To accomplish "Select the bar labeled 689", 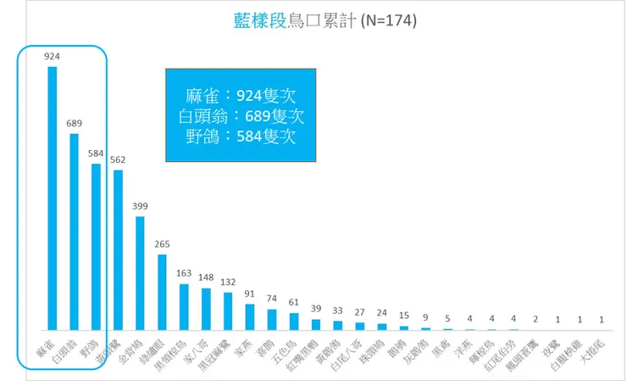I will tap(74, 232).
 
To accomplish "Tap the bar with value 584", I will tap(96, 246).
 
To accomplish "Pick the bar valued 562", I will tap(118, 249).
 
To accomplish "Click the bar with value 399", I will tap(140, 272).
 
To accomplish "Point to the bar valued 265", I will tap(162, 292).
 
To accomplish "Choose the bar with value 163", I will tap(184, 306).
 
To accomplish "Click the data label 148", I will tap(206, 277).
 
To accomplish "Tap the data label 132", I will tap(228, 282).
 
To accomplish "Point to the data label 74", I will tap(272, 299).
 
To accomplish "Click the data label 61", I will tap(294, 302).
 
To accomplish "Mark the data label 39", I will tap(316, 308).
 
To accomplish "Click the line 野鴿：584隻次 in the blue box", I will tap(242, 134).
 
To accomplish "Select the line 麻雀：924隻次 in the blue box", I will tap(242, 95).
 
